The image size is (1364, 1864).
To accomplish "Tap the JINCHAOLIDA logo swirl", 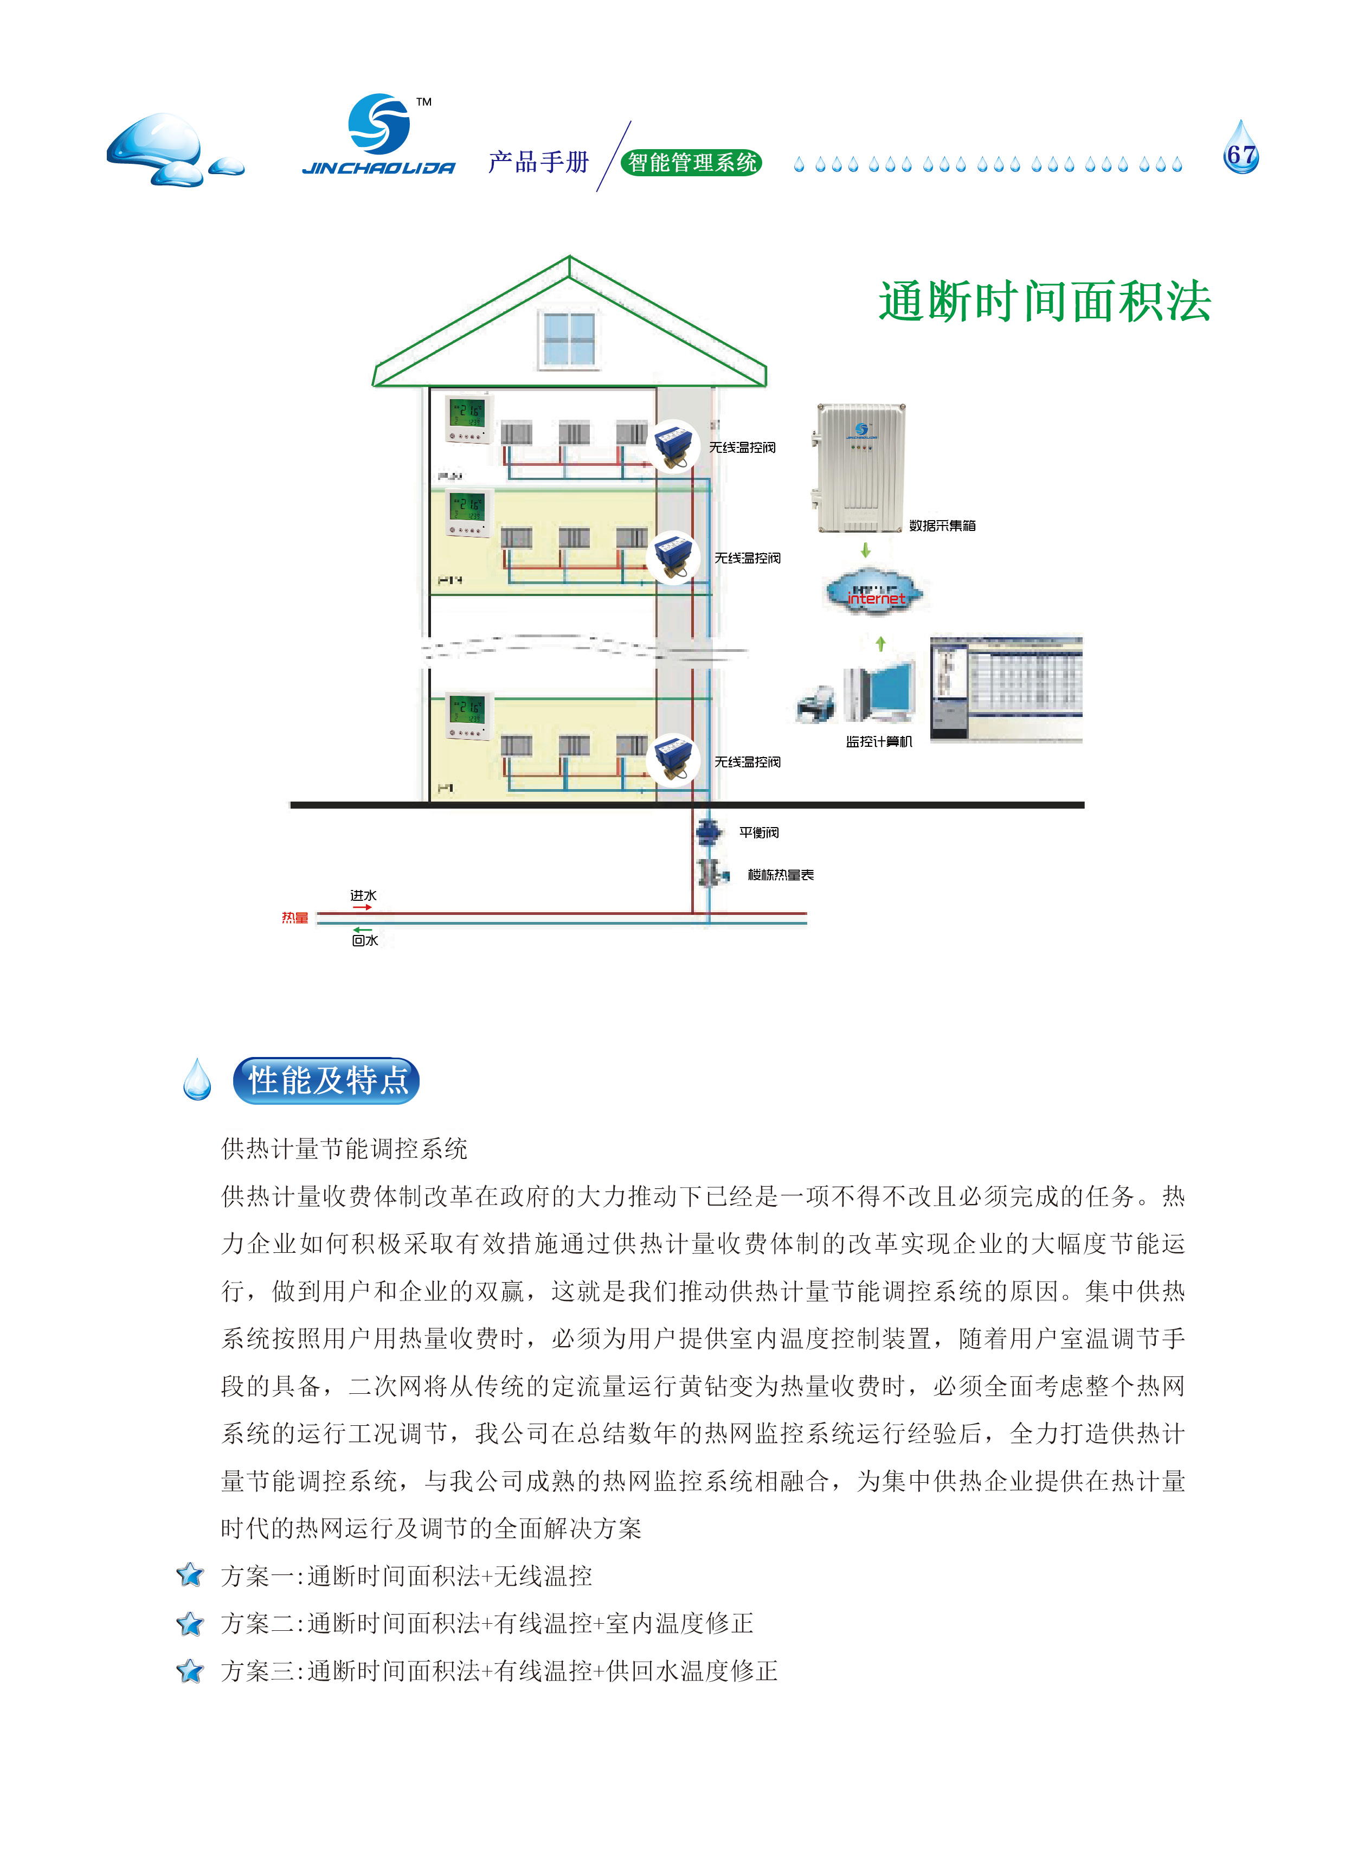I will [379, 124].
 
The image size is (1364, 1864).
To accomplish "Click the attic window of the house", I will [569, 338].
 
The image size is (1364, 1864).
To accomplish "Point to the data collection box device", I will [859, 468].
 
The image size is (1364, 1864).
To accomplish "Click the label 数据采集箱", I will [942, 526].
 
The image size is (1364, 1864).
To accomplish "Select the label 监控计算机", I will [878, 741].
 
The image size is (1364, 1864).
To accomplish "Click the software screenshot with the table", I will [1006, 689].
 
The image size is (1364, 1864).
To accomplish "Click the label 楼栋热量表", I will [780, 875].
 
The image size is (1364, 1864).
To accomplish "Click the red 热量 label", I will [295, 918].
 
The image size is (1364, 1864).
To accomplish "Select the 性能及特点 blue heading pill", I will [327, 1080].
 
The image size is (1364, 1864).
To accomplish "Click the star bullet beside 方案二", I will [190, 1624].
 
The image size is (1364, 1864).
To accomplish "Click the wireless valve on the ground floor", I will [673, 761].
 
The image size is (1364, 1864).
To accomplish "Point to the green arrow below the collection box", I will [865, 550].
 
